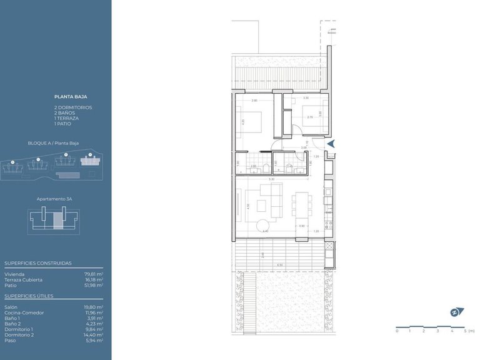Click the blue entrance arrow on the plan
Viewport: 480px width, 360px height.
(x=332, y=144)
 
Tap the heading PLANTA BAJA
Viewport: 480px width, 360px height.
(x=71, y=97)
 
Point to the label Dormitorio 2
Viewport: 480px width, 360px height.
(x=19, y=334)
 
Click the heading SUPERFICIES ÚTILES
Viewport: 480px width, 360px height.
(x=29, y=296)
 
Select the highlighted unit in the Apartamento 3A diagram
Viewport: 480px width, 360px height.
(x=57, y=221)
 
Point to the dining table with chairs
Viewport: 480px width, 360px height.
(x=302, y=204)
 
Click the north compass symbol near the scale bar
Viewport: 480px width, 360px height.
(x=454, y=312)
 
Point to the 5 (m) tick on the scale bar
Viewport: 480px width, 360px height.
(x=466, y=331)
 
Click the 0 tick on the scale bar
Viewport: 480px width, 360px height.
(x=397, y=331)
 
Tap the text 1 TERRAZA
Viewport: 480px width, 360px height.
(x=66, y=118)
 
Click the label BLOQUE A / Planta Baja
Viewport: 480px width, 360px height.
(x=53, y=143)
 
